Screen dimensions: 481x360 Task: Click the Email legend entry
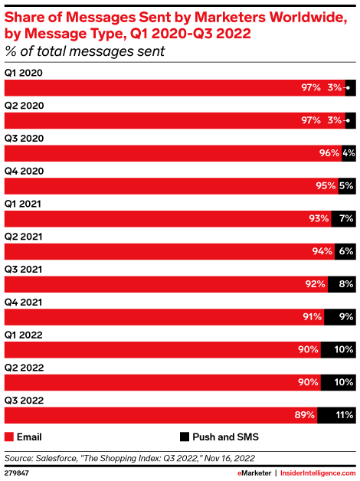[x=24, y=437]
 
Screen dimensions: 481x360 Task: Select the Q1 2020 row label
[x=23, y=73]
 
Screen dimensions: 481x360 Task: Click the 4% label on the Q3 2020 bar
[x=349, y=152]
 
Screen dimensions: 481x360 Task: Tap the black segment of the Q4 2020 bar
[x=345, y=185]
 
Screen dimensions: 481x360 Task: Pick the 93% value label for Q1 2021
[x=319, y=218]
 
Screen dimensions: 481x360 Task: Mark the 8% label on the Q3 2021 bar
[x=345, y=284]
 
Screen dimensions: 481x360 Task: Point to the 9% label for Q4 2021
[x=345, y=317]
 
